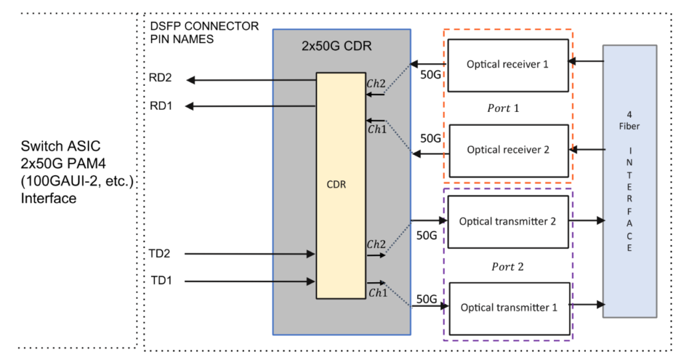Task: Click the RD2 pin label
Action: [160, 78]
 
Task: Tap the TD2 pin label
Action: [160, 253]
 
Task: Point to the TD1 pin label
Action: [160, 281]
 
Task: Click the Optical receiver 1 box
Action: [507, 65]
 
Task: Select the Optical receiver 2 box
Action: [507, 150]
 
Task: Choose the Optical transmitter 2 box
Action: [507, 222]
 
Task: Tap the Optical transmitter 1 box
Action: [507, 307]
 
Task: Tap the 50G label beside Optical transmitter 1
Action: [427, 300]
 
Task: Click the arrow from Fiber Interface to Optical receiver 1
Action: [586, 62]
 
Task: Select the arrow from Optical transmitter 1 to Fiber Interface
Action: [587, 305]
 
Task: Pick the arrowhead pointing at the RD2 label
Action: [190, 80]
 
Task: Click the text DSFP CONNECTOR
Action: [204, 27]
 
